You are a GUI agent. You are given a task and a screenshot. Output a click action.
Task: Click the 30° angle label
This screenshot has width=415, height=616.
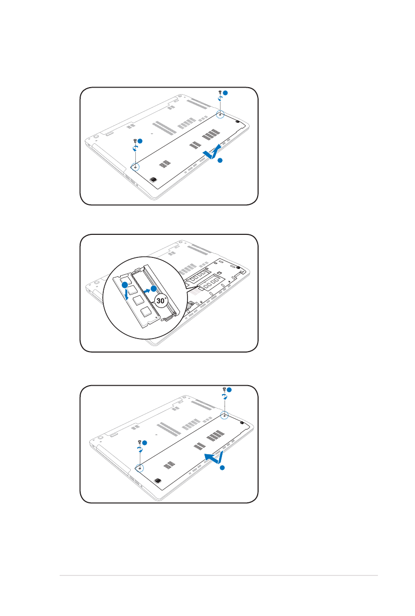tap(161, 300)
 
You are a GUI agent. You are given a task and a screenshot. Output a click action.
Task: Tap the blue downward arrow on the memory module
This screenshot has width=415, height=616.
tap(126, 294)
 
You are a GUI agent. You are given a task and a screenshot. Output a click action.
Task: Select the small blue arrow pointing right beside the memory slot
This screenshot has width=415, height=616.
tap(147, 290)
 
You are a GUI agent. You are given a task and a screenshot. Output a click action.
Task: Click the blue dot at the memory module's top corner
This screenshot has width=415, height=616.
tap(125, 285)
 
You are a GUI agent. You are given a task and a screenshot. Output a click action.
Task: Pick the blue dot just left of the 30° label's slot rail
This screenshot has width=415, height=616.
tap(153, 288)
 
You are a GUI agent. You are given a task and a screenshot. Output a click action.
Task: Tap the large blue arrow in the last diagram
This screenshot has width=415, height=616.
tap(215, 458)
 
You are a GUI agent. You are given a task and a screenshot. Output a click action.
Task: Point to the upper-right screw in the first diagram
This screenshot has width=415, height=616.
tap(220, 92)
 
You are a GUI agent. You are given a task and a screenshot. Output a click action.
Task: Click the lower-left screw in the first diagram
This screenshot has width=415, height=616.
tap(135, 141)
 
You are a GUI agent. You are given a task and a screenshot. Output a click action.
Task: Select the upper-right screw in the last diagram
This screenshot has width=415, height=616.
tap(224, 389)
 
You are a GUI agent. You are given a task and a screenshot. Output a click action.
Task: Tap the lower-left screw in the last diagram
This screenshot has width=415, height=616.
tap(139, 442)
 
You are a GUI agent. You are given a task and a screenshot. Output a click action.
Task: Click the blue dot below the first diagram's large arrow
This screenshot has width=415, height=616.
tap(220, 160)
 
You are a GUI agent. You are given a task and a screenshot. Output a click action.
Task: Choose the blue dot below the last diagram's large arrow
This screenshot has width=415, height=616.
tap(222, 468)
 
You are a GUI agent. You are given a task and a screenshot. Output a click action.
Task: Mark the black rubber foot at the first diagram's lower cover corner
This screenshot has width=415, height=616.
tap(153, 180)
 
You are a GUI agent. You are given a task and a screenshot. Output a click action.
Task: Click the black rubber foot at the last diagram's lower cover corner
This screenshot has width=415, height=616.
tap(157, 481)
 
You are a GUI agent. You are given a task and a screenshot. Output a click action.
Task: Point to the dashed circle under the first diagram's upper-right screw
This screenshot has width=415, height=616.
tap(220, 114)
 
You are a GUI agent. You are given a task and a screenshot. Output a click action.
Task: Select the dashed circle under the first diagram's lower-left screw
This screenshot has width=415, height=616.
tap(135, 166)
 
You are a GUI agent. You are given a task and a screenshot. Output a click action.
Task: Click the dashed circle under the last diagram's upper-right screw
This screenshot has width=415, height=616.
tap(225, 415)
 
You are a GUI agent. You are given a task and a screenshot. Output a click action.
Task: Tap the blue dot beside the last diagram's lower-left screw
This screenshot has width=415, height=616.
tap(144, 443)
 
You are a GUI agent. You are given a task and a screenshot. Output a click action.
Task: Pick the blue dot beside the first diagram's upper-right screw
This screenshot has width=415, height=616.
tap(226, 93)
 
